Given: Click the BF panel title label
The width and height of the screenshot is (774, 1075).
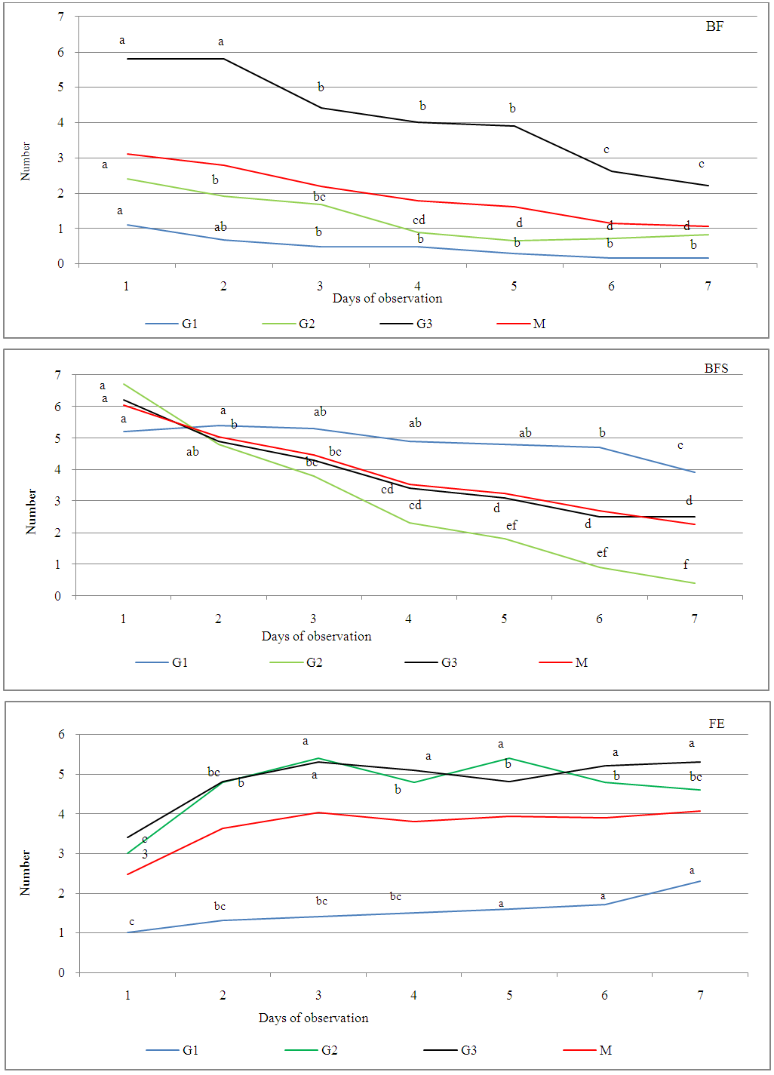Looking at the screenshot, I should [714, 26].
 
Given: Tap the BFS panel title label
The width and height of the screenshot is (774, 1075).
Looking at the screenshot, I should [716, 368].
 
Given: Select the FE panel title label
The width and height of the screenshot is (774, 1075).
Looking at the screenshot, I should [716, 723].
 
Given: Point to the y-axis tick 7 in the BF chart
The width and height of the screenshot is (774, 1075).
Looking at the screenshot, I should [61, 17].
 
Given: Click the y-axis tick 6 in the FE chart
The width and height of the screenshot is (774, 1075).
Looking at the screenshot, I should [62, 734].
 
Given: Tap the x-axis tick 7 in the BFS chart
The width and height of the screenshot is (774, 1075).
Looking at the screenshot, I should [694, 619].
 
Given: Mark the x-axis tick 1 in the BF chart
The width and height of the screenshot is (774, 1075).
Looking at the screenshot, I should [126, 286].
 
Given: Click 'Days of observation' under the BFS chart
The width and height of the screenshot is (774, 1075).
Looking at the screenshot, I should [316, 636].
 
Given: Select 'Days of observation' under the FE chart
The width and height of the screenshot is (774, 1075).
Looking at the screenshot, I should [313, 1018].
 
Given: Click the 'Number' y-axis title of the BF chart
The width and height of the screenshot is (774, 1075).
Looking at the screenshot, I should [26, 161].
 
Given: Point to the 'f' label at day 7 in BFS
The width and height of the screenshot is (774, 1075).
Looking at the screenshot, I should [686, 564].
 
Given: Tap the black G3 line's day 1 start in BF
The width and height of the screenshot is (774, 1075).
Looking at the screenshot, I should [127, 59].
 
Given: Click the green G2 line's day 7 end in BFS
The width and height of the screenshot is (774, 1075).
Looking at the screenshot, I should [695, 583].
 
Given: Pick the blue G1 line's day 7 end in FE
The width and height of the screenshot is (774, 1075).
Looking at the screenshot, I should [700, 881].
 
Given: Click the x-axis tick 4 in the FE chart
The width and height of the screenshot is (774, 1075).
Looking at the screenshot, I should [413, 995].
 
